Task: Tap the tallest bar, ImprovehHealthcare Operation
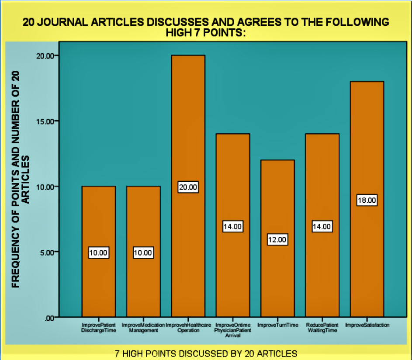pyautogui.click(x=188, y=131)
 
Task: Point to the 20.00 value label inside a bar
pyautogui.click(x=188, y=187)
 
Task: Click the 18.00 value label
pyautogui.click(x=367, y=201)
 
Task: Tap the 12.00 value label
pyautogui.click(x=277, y=240)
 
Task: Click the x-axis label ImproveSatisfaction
pyautogui.click(x=367, y=325)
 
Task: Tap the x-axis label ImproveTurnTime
pyautogui.click(x=278, y=325)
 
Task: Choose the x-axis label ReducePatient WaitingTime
pyautogui.click(x=322, y=328)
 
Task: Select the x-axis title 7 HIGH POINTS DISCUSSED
pyautogui.click(x=206, y=353)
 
